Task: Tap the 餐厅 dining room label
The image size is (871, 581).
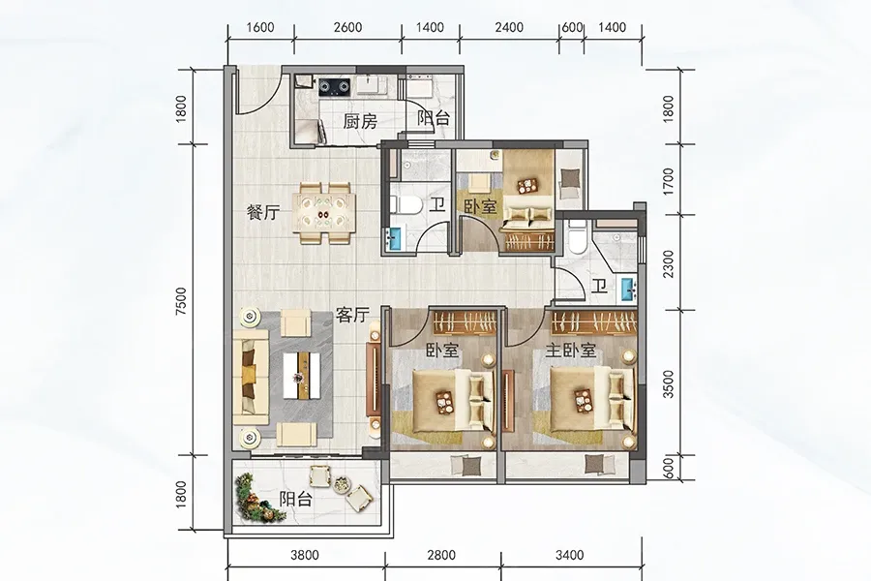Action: [x=262, y=214]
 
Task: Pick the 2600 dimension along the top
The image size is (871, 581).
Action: [x=349, y=26]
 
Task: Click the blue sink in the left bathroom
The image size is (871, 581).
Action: [x=394, y=237]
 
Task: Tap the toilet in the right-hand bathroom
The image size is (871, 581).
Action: [x=577, y=235]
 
